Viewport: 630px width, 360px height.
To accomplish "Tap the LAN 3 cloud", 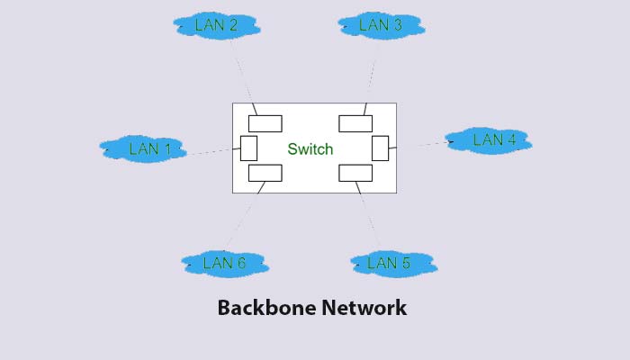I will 380,25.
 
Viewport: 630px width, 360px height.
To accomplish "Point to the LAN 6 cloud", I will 224,263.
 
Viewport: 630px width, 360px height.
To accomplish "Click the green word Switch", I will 310,149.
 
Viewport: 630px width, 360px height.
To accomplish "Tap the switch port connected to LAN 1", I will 249,148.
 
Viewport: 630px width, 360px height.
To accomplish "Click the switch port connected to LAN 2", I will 265,123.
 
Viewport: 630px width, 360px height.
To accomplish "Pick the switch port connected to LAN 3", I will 355,123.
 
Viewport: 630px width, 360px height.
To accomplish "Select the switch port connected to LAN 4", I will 380,148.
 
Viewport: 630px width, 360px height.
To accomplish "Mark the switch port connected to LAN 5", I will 355,174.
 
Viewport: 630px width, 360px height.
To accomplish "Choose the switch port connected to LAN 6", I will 265,174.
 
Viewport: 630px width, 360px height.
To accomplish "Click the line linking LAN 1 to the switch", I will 209,152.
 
